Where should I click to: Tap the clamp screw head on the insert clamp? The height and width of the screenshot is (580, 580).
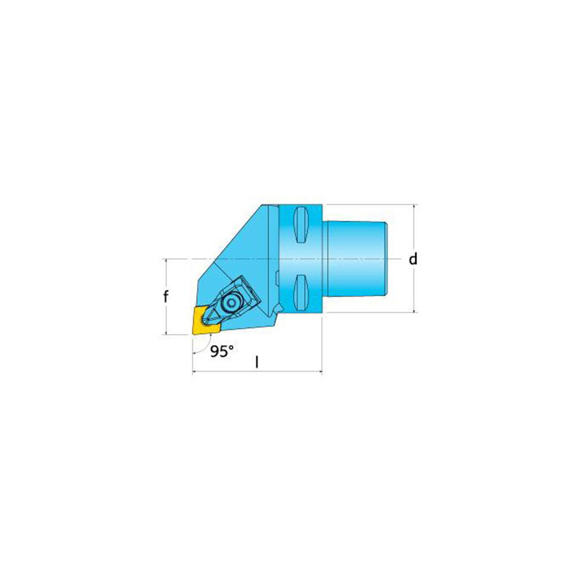[232, 303]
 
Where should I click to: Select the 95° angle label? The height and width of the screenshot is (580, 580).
[221, 351]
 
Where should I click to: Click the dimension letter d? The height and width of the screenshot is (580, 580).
[413, 259]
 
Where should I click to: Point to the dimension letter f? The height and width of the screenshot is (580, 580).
[165, 297]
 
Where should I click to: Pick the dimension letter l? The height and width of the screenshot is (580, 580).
[257, 362]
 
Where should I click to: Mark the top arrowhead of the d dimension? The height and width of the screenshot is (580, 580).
[414, 206]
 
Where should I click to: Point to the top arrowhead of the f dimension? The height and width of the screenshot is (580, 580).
[166, 261]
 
